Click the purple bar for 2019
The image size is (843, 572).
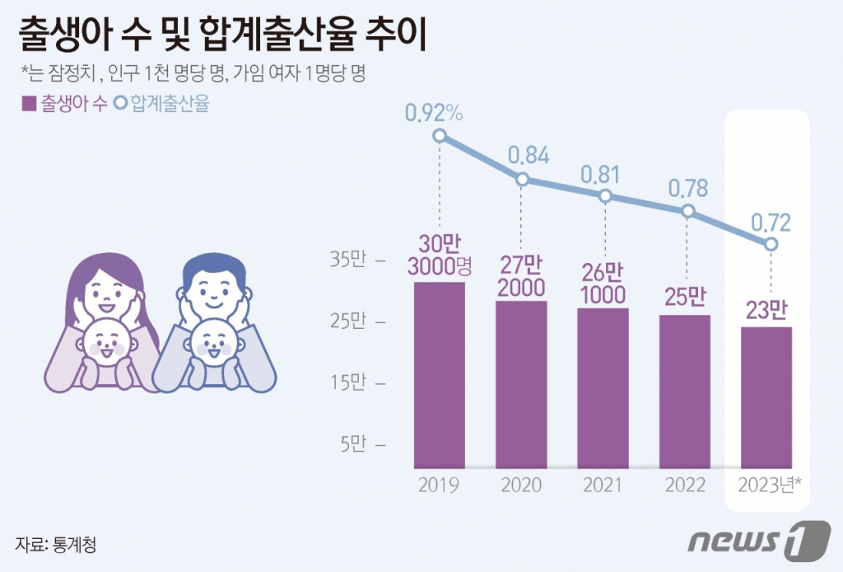tap(439, 375)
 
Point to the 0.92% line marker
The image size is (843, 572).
tap(440, 135)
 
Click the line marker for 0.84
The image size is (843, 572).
tap(522, 180)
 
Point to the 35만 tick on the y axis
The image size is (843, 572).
tap(347, 260)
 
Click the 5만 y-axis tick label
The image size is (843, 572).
tap(352, 445)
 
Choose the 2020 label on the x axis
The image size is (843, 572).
tap(522, 485)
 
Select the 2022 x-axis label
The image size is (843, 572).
tap(685, 485)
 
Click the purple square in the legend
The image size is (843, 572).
tap(27, 105)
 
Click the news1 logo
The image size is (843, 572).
tap(758, 540)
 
